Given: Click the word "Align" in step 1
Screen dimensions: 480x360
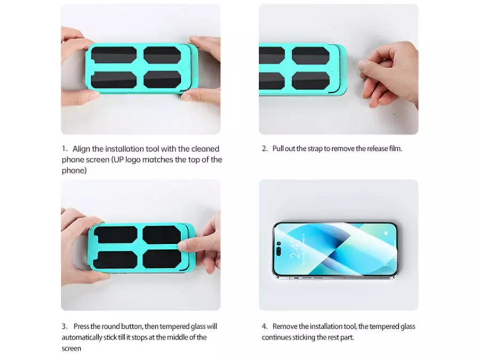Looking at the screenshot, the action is pyautogui.click(x=81, y=149).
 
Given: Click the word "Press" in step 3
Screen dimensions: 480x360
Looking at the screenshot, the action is pyautogui.click(x=82, y=326).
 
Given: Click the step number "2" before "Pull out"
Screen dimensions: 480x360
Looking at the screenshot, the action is pyautogui.click(x=264, y=149).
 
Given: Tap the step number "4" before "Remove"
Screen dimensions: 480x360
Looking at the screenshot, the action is pyautogui.click(x=264, y=326).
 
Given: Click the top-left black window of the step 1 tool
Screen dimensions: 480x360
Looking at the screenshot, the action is pyautogui.click(x=114, y=55).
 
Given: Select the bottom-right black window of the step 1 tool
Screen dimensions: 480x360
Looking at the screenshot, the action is pyautogui.click(x=162, y=79).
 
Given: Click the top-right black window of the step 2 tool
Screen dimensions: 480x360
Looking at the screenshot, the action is pyautogui.click(x=310, y=56).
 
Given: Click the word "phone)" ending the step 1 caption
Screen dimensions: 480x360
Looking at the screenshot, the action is pyautogui.click(x=74, y=171).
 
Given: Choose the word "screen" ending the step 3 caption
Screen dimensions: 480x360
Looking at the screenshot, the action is pyautogui.click(x=71, y=349).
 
